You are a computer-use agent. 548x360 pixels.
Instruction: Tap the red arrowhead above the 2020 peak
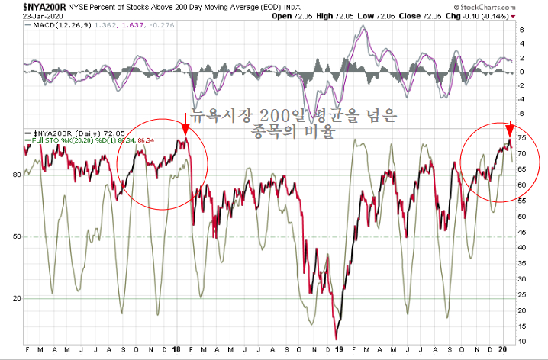click(511, 130)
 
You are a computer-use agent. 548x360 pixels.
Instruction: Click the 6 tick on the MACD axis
click(521, 30)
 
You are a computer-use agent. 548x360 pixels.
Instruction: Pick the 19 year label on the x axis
click(338, 350)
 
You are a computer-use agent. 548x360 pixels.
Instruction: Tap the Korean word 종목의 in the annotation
click(277, 131)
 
